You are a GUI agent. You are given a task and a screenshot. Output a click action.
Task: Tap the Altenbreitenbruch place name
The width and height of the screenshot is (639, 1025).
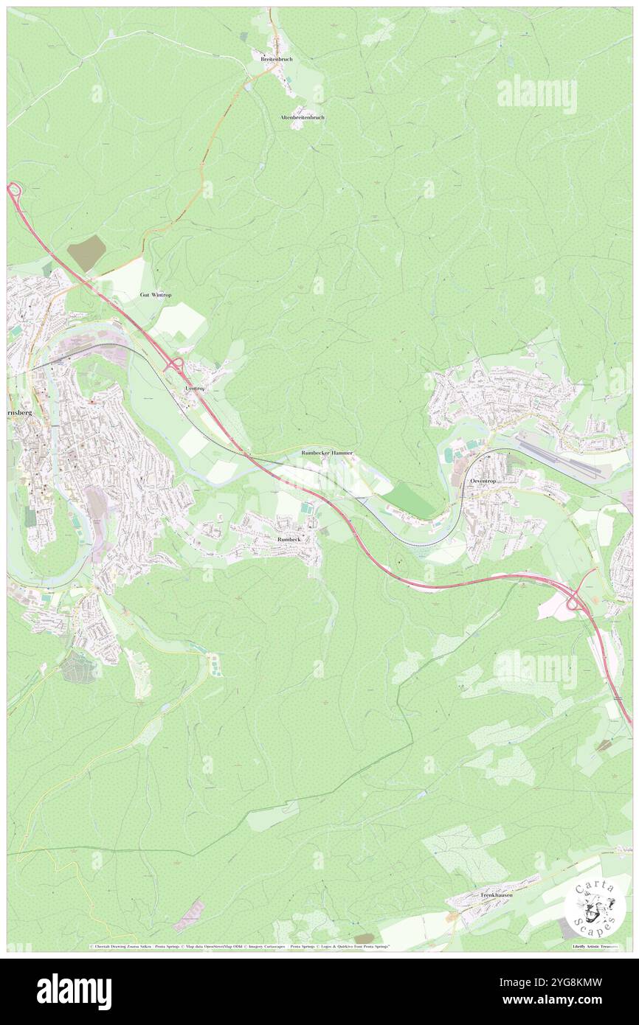(303, 117)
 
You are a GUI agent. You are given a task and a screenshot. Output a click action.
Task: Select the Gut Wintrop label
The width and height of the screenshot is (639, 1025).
(156, 294)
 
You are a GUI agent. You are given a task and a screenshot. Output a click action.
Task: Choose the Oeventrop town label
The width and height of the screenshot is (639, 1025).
(484, 480)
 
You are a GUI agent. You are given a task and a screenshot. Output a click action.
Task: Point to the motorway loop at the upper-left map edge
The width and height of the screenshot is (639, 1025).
(13, 190)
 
